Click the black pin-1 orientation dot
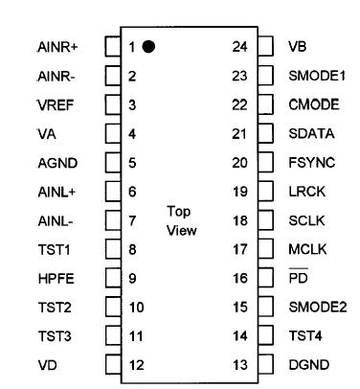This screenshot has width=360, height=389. [x=148, y=46]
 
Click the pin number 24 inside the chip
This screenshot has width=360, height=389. [x=240, y=46]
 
